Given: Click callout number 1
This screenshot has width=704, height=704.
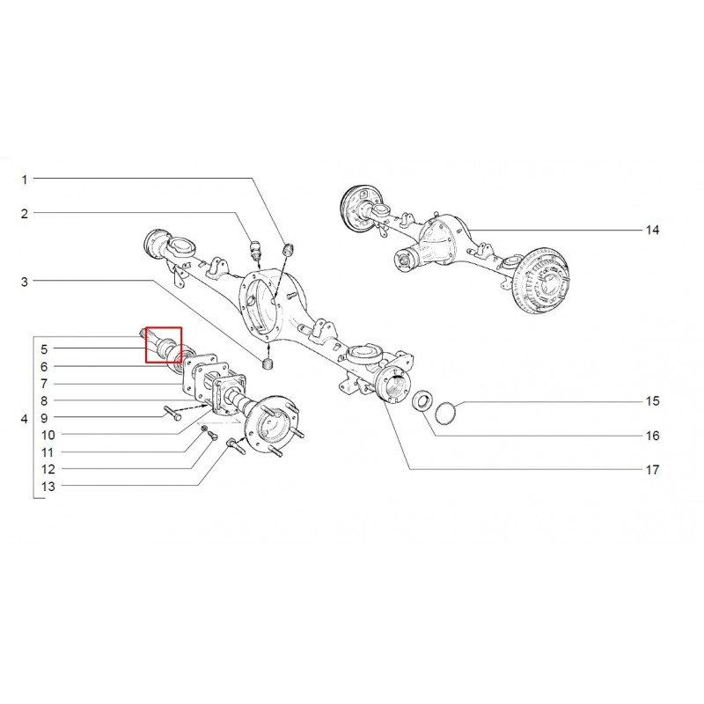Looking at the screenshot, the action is click(x=25, y=180).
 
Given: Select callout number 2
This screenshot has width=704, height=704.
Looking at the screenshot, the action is click(x=25, y=214).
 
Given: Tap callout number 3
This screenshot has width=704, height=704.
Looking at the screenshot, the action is click(x=25, y=282).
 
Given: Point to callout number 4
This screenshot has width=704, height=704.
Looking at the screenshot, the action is click(x=25, y=419).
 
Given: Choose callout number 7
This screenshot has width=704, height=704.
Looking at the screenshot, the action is click(x=44, y=384).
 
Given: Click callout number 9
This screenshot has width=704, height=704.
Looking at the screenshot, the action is click(x=44, y=418).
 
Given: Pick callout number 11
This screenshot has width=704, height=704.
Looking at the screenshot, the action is click(x=48, y=452).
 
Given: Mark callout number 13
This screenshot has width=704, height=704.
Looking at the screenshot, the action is click(x=48, y=487).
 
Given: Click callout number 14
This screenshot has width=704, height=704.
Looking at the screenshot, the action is click(x=652, y=231).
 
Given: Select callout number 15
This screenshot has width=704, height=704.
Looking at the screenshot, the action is click(x=652, y=401).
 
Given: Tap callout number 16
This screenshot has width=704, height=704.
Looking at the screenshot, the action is click(x=652, y=436).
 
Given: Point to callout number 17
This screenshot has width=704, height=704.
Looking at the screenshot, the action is click(x=652, y=470).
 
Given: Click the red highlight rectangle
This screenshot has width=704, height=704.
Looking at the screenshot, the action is click(x=164, y=345).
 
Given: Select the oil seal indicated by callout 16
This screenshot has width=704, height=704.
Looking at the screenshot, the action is click(x=423, y=400).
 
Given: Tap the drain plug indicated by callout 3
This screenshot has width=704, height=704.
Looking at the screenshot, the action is click(x=268, y=364).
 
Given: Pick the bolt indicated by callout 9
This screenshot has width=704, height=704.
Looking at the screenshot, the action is click(x=172, y=414).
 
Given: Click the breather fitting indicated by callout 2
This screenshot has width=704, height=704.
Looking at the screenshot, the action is click(x=255, y=250).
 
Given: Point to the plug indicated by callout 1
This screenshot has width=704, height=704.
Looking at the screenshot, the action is click(x=288, y=249).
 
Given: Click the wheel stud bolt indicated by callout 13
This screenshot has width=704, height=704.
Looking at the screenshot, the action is click(x=236, y=446).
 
